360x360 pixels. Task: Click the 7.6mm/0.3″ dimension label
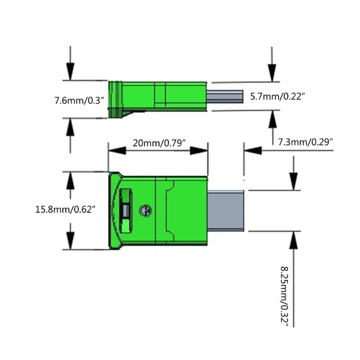click(79, 100)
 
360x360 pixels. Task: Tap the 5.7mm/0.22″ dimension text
click(277, 96)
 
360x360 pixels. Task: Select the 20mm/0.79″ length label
click(159, 143)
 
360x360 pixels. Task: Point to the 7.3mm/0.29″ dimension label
click(306, 142)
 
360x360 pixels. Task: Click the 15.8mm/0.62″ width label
click(65, 209)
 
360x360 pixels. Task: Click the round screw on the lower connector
click(145, 210)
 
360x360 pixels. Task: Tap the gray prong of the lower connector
click(225, 211)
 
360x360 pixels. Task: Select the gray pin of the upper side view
click(225, 97)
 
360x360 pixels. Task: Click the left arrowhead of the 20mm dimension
click(117, 151)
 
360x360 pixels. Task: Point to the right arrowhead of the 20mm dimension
click(199, 151)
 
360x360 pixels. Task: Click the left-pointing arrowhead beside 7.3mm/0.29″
click(253, 151)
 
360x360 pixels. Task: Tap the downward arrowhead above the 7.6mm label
click(70, 72)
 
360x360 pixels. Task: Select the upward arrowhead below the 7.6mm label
click(70, 127)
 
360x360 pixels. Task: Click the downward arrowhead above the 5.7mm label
click(272, 73)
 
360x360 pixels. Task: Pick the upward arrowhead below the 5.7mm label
click(273, 119)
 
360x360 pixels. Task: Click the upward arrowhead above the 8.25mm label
click(293, 240)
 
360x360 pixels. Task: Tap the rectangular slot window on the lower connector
click(126, 210)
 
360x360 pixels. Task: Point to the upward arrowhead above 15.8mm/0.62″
click(70, 181)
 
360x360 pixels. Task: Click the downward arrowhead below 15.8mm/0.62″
click(70, 241)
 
